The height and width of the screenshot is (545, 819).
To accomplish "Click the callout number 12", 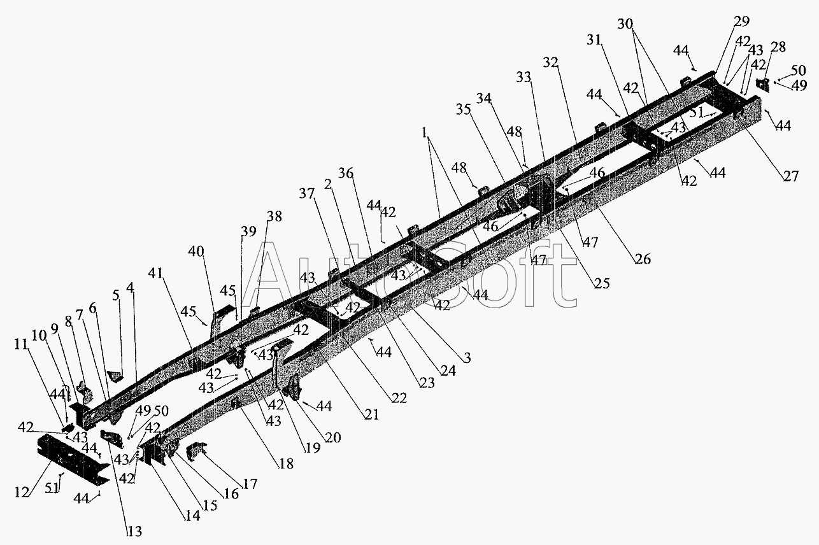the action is click(x=21, y=492).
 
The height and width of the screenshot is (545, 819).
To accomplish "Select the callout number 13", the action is click(x=134, y=532).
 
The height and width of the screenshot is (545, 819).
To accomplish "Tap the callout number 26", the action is click(x=643, y=259).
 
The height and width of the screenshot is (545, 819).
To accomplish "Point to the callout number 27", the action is click(x=791, y=176).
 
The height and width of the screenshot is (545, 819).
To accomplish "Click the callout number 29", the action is click(x=741, y=22).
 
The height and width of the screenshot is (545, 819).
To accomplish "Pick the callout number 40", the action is click(x=196, y=251).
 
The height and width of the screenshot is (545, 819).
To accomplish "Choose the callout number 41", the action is click(x=156, y=273).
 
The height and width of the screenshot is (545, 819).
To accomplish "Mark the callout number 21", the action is click(x=371, y=414).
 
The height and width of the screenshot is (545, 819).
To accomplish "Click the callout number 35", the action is click(x=463, y=110).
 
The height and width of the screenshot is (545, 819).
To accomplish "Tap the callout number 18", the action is click(x=287, y=464).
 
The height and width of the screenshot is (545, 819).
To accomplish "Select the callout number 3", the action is click(x=467, y=357).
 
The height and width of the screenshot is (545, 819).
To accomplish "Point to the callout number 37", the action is click(x=307, y=194).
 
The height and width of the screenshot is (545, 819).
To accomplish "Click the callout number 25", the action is click(x=602, y=283).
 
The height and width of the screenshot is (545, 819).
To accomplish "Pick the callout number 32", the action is click(x=551, y=63).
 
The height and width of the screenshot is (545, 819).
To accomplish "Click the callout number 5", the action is click(x=116, y=295).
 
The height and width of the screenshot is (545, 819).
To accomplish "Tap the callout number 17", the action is click(x=250, y=484).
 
